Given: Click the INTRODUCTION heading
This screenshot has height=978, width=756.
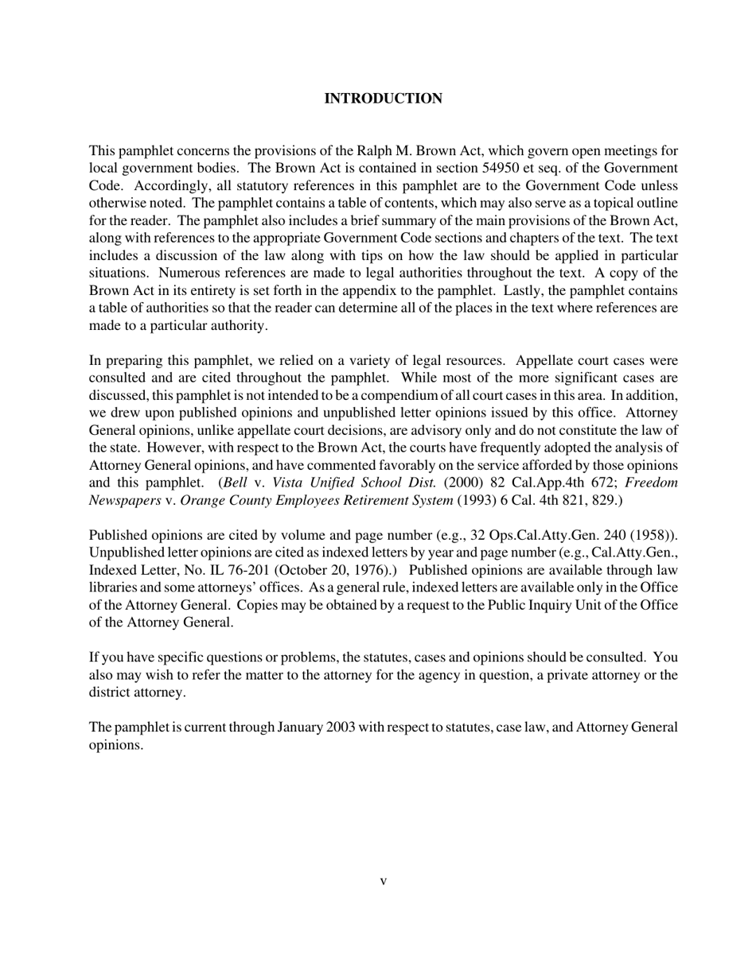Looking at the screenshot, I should (383, 99).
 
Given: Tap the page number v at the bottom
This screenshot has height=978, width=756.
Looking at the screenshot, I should (383, 881).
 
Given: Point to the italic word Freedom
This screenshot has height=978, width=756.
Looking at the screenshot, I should (652, 483).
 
